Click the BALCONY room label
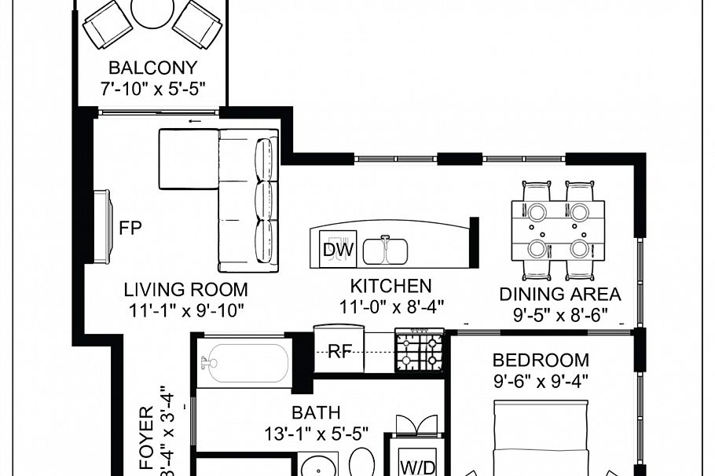152,68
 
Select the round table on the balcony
152,11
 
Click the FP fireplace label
130,229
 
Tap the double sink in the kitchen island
384,251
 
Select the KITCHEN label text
390,286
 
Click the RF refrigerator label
339,351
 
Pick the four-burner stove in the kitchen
420,350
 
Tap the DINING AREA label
560,295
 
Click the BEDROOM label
541,361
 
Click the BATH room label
316,412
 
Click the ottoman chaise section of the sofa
189,160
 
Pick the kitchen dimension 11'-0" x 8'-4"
393,307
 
